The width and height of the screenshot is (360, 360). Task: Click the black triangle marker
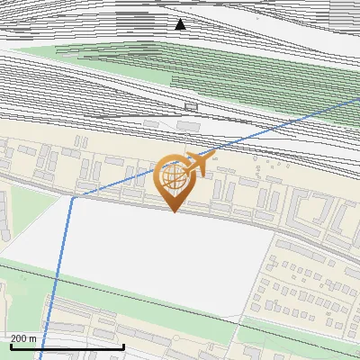(x=181, y=24)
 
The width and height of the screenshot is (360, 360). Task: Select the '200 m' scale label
(x=24, y=338)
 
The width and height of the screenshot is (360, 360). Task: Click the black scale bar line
(x=67, y=346)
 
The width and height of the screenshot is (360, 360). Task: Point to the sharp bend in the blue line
(x=72, y=197)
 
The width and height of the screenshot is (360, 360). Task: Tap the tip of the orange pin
(x=175, y=211)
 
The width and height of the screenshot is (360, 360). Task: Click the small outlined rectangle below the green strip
(x=190, y=106)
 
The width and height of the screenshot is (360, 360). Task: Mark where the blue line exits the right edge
(x=358, y=100)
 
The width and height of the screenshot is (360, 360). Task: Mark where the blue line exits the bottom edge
(x=40, y=358)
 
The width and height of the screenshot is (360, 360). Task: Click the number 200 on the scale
(x=20, y=338)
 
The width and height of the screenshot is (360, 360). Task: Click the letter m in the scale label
(x=33, y=338)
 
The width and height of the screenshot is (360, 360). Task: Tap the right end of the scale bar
(x=123, y=346)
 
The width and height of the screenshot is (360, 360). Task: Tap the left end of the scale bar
(x=10, y=346)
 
